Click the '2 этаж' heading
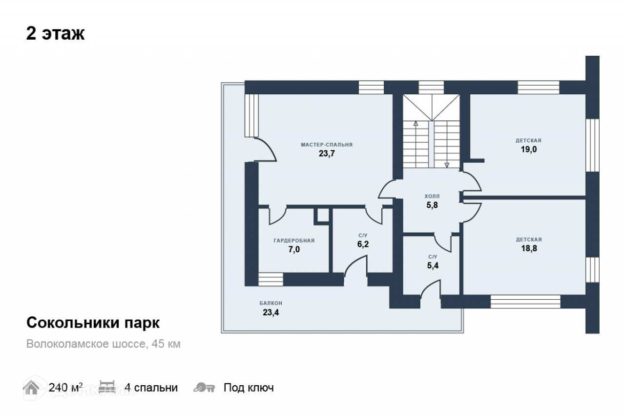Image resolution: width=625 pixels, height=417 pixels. coord(55,34)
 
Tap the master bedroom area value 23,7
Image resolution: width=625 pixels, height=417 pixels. coord(327,154)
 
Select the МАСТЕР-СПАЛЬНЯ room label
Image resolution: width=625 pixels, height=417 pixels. coord(327,145)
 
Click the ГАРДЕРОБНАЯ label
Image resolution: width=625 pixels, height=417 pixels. coord(294,241)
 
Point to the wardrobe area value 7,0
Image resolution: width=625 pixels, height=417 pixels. coord(294,249)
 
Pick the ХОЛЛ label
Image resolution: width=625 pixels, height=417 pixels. coord(433,197)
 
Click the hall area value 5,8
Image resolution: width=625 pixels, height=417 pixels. coord(433,205)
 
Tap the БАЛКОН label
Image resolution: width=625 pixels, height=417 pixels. coord(271,303)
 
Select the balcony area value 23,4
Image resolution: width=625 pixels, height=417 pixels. coord(271,312)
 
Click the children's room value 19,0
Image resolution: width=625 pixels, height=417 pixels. coord(529,150)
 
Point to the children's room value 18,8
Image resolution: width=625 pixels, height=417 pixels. coord(529,248)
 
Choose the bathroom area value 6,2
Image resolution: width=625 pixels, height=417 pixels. coord(363,244)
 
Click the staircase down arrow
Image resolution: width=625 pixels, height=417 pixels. coord(447,165)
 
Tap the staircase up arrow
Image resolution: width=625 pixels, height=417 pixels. coord(416,124)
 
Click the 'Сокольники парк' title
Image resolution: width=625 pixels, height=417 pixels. coord(93,323)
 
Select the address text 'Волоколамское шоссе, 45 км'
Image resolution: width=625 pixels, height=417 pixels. coord(104,344)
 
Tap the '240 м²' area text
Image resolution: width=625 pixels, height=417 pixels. coord(65,388)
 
